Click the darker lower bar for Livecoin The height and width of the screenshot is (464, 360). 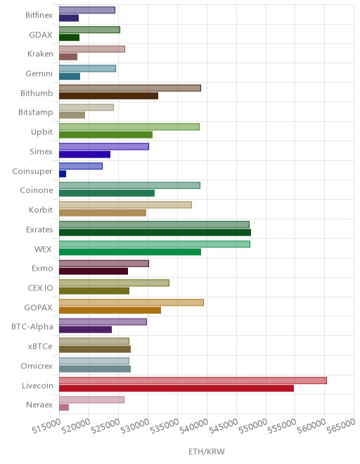coord(176,388)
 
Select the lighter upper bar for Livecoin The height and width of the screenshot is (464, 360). coord(193,380)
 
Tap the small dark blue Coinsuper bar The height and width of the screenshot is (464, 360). coord(63,174)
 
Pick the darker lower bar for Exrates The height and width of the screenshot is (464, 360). coord(155,232)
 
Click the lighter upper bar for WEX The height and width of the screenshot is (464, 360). coord(155,244)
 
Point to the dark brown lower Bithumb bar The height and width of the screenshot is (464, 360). coord(108,96)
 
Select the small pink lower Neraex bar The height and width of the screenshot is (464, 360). coord(64,408)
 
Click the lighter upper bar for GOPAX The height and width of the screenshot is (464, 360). coord(131,302)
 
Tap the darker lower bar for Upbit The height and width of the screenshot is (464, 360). coord(105,135)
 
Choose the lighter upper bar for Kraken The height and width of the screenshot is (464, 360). coord(92,49)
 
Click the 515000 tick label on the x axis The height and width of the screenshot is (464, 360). coord(46,427)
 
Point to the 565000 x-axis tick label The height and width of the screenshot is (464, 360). coord(341,427)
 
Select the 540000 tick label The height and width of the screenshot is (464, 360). coord(193,427)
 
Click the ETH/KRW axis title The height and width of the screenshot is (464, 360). coord(207,451)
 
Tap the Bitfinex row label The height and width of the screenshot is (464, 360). coord(39,15)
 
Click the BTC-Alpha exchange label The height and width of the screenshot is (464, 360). coord(32,327)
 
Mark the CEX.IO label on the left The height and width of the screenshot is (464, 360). coord(40,288)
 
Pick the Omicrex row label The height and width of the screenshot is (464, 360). coord(37,366)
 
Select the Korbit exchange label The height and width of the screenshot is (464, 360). coord(41,210)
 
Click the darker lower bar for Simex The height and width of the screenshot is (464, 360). coord(84,154)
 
